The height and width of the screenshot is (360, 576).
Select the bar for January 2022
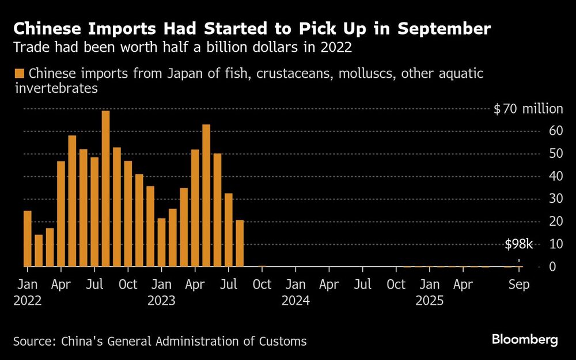[27, 238]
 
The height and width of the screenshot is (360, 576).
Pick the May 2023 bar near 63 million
[206, 196]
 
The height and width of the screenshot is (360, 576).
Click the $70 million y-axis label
[528, 109]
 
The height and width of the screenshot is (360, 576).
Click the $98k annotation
[519, 245]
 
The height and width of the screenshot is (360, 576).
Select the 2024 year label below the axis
[295, 301]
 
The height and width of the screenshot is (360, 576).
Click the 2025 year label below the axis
[429, 301]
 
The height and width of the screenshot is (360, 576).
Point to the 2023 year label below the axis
[162, 301]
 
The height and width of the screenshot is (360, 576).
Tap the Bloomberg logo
[525, 339]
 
